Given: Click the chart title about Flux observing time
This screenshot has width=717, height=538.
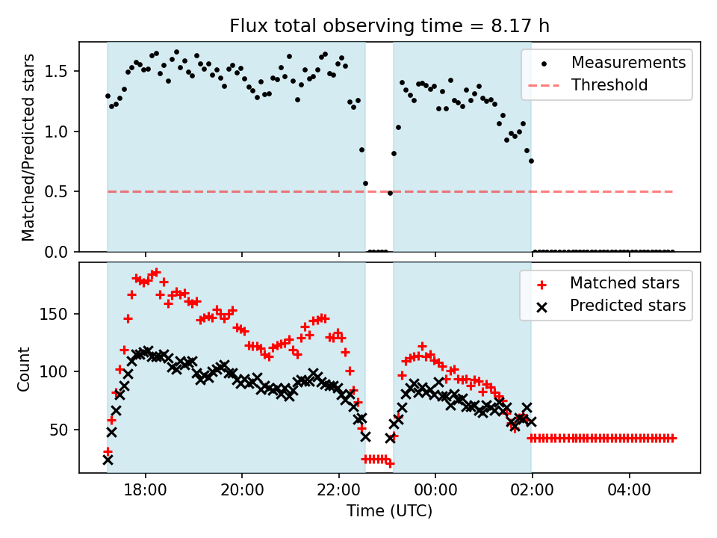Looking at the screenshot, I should coord(389,27).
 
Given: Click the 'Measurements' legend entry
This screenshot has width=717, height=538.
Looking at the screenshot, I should coord(628,63).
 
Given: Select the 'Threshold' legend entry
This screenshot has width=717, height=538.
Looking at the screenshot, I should coord(609,85).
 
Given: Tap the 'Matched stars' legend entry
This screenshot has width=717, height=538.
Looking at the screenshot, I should coord(624,283).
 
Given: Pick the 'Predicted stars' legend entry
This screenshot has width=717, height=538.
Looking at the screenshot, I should coord(627,306).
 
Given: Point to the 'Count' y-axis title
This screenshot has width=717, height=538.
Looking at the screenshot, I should coord(25,368).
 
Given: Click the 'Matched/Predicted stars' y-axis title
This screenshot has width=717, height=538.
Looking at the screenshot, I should coord(28,147).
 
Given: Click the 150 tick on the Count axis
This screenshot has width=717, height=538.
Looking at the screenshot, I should coord(60,314).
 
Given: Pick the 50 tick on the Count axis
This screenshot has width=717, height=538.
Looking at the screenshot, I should coord(63,430).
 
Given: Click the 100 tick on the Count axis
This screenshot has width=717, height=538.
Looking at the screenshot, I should coord(60,371).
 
